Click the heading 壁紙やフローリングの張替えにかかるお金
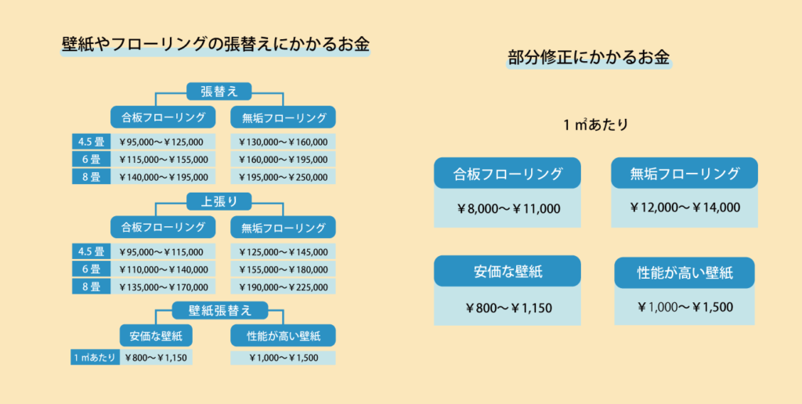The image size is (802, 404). pyautogui.click(x=215, y=45)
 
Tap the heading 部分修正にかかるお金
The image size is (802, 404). pyautogui.click(x=589, y=57)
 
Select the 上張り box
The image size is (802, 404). pyautogui.click(x=219, y=201)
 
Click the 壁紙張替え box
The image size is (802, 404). pyautogui.click(x=219, y=310)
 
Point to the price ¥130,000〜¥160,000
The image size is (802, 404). pyautogui.click(x=283, y=142)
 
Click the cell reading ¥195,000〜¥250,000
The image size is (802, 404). pyautogui.click(x=283, y=177)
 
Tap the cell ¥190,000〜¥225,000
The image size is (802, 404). pyautogui.click(x=283, y=287)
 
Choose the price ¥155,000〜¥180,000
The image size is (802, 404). pyautogui.click(x=283, y=269)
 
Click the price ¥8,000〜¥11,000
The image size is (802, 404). pyautogui.click(x=508, y=208)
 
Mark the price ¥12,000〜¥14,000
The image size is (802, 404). pyautogui.click(x=685, y=207)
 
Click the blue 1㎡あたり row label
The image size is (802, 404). pyautogui.click(x=95, y=358)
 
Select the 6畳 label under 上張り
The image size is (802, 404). pyautogui.click(x=91, y=269)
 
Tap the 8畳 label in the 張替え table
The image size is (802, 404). pyautogui.click(x=91, y=177)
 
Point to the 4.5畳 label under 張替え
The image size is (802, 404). pyautogui.click(x=91, y=142)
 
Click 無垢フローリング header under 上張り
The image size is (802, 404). pyautogui.click(x=283, y=227)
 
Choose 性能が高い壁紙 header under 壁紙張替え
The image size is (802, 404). pyautogui.click(x=283, y=335)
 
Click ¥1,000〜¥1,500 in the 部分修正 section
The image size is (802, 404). pyautogui.click(x=685, y=307)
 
